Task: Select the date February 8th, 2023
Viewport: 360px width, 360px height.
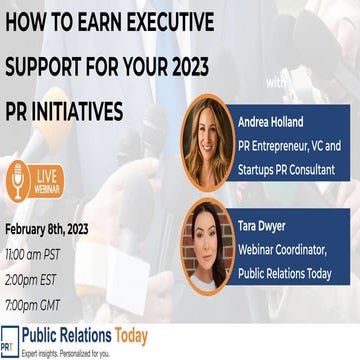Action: click(48, 229)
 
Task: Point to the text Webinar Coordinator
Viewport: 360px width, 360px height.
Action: click(283, 249)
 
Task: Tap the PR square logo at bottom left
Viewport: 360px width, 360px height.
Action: click(10, 336)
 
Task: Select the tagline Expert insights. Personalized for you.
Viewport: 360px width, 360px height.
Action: click(68, 352)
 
